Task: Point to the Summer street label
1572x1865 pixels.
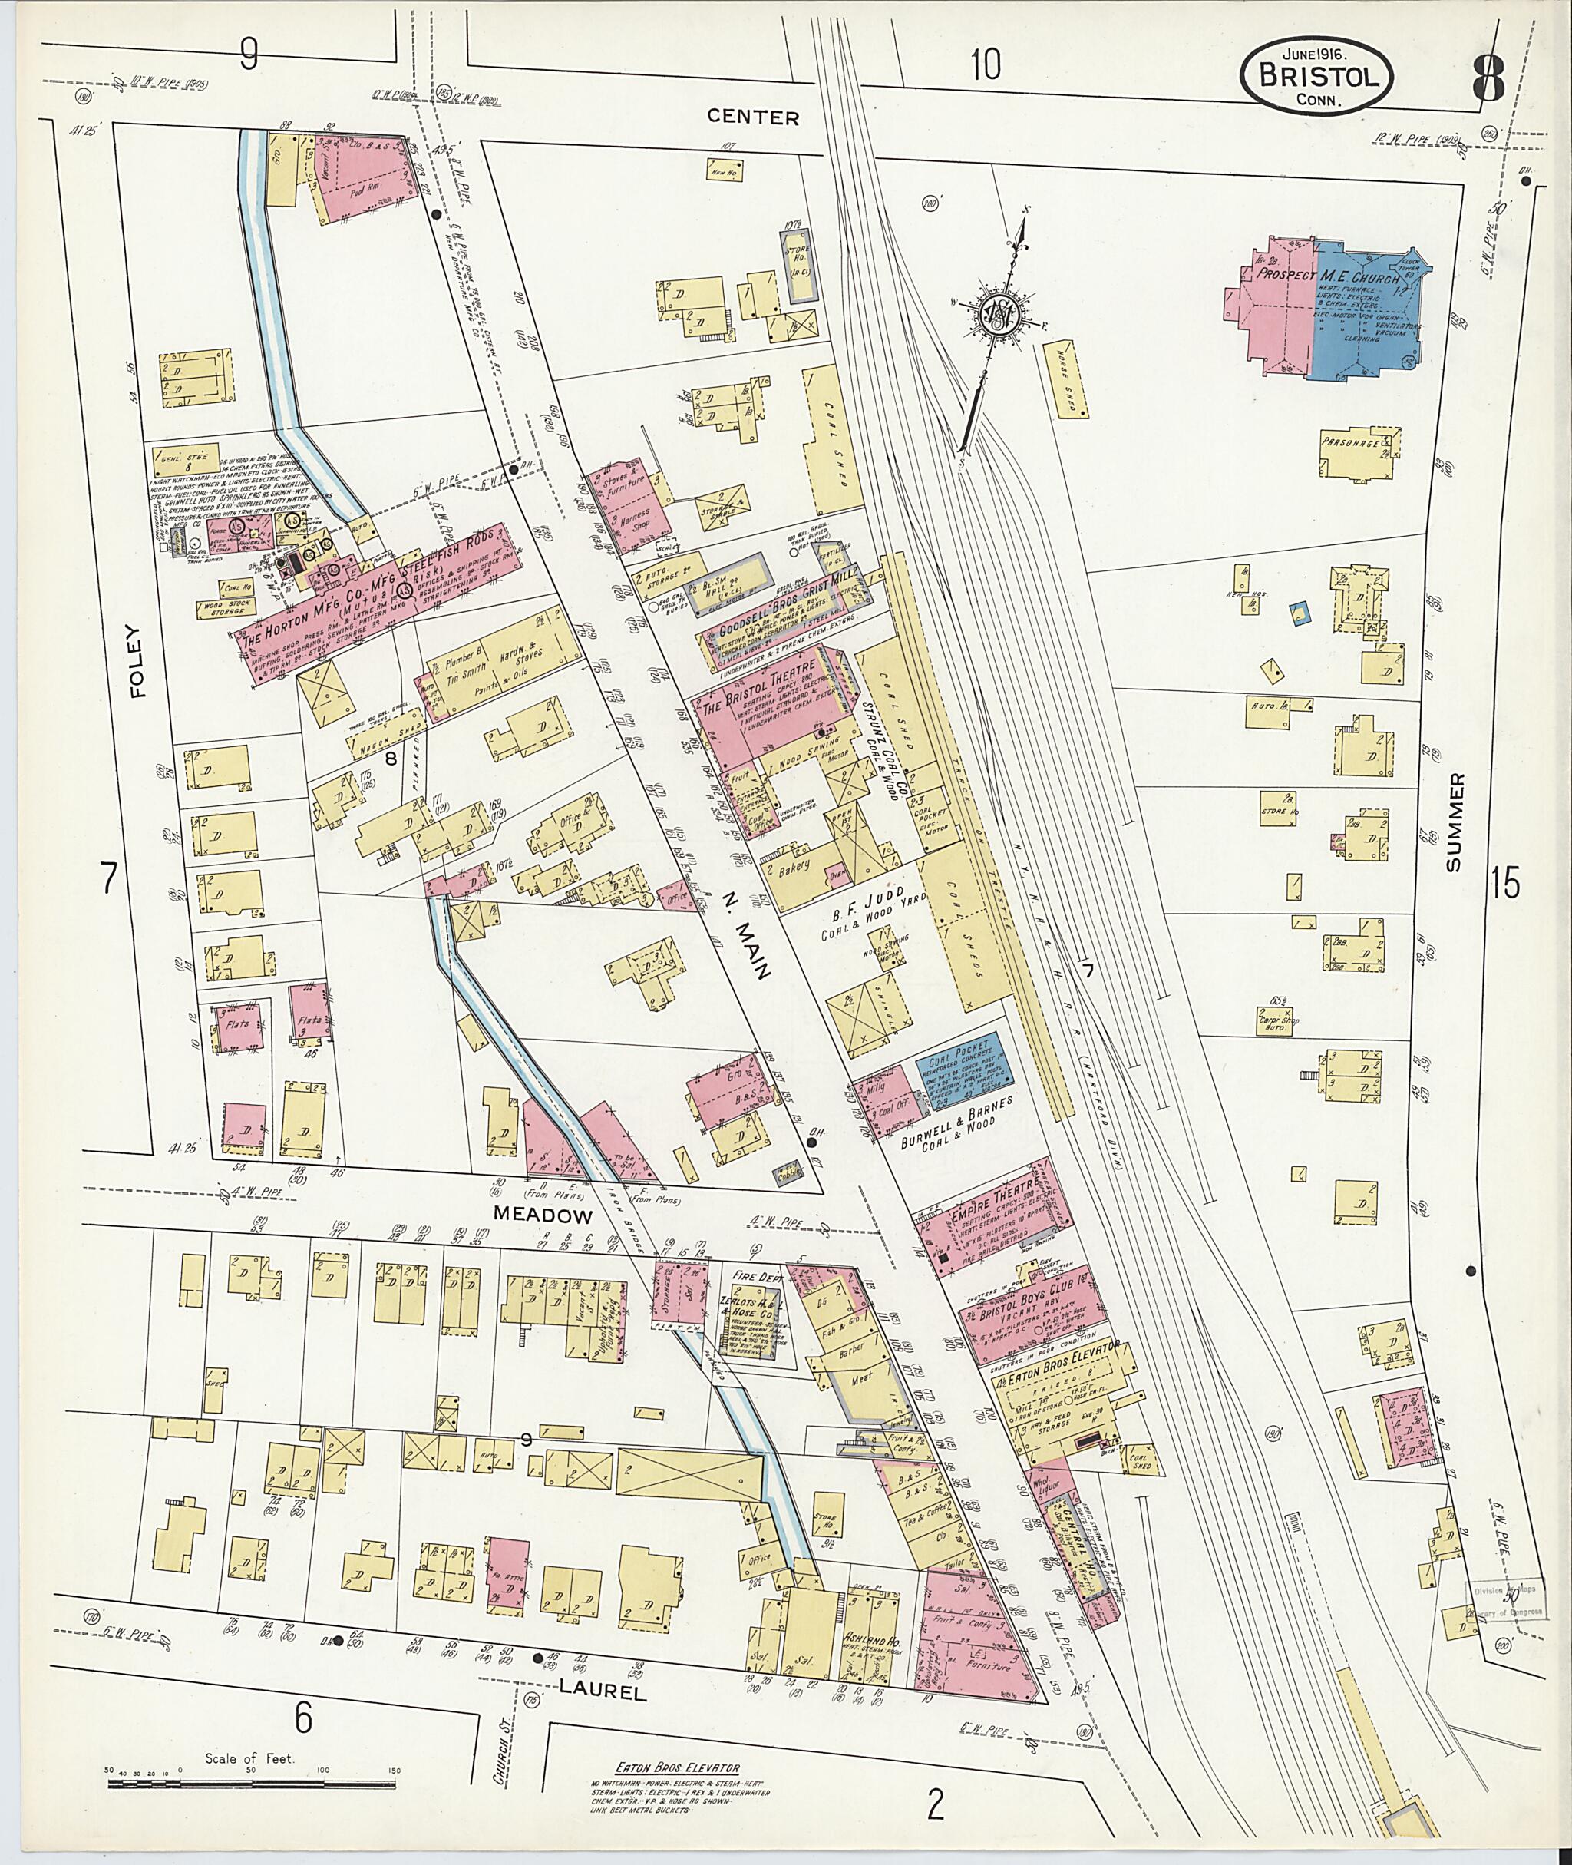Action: (x=1455, y=823)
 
